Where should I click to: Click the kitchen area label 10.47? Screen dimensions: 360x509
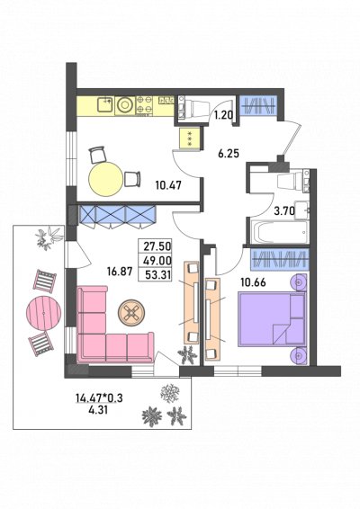point(168,185)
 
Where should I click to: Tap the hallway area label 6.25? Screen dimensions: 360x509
point(229,153)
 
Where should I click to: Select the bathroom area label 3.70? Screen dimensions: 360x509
point(284,211)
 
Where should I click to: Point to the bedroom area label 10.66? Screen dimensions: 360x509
point(253,282)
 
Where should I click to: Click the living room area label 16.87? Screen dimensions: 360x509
point(120,272)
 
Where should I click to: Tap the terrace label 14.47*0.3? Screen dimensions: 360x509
point(99,398)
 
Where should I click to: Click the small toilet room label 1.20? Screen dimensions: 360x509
point(223,115)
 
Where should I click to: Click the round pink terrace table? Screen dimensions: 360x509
point(43,312)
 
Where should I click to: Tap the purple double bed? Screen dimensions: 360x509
point(273,319)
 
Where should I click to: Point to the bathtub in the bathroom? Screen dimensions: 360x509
point(279,232)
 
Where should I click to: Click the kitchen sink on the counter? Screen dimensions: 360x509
point(104,104)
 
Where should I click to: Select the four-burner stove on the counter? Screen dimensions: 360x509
point(145,104)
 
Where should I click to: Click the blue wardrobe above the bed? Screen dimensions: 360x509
point(279,259)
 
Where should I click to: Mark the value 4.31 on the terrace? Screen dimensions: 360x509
point(98,410)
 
